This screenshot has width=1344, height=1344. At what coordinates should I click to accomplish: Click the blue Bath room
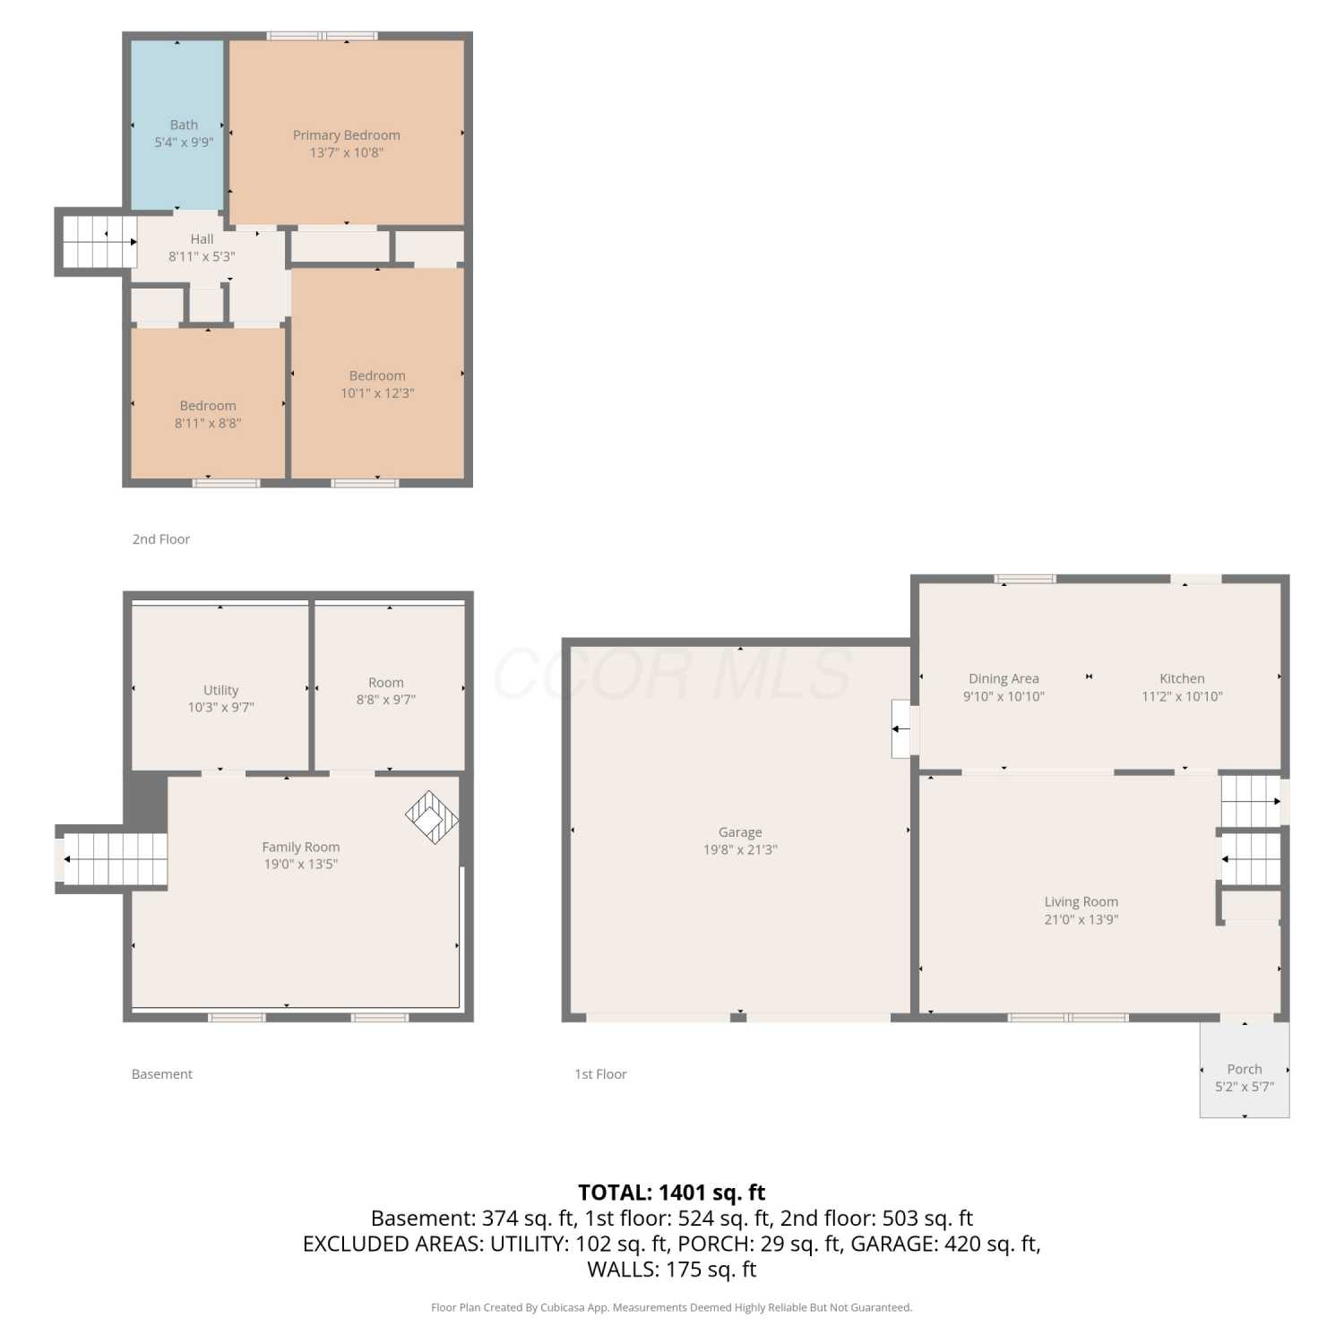coord(177,125)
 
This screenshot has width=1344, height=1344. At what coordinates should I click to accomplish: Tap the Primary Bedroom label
coord(347,135)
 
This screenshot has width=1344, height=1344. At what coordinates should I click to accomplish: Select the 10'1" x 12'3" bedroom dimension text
coord(377,392)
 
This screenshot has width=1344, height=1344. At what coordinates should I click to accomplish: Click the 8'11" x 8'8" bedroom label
coord(208,414)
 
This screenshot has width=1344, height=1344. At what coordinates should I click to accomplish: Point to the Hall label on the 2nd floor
coord(202,239)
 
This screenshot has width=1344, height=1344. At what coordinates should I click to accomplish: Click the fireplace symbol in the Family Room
coord(432,816)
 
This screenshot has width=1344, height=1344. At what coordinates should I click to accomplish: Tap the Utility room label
coord(221,690)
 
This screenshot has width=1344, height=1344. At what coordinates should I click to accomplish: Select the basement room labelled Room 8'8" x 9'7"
coord(390,687)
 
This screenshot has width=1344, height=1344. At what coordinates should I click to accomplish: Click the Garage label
coord(740,832)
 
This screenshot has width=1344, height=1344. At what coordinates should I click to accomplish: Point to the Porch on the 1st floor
coord(1245,1070)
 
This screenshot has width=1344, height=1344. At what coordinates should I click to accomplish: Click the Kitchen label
coord(1182,678)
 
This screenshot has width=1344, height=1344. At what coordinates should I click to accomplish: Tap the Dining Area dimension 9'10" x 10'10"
coord(1004,696)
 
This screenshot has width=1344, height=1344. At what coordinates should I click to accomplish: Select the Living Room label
coord(1081,902)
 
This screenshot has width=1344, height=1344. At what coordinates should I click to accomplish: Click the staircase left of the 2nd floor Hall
coord(97,242)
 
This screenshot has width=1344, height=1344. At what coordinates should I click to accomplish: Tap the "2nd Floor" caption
coord(161,539)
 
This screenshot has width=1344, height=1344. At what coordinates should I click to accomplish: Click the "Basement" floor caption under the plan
coord(162,1074)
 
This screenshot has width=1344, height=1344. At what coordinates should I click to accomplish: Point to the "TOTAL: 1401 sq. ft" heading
coord(672,1193)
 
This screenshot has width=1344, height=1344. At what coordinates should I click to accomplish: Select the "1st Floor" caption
coord(600,1074)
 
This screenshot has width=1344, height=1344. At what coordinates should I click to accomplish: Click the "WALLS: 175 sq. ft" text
coord(672,1270)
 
